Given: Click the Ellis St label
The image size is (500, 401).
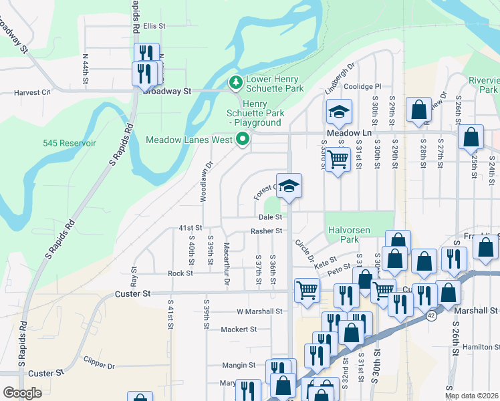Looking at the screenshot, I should (x=154, y=26).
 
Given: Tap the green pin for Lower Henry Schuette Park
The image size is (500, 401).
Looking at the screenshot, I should (x=235, y=83).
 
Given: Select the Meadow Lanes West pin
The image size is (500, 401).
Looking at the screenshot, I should (x=243, y=140).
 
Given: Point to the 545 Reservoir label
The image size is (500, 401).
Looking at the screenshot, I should (x=70, y=143).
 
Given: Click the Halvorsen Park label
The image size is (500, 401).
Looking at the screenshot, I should (x=349, y=235).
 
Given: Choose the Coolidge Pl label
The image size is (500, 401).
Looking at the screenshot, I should (x=362, y=86).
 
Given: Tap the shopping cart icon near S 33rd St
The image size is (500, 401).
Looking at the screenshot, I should (x=339, y=160).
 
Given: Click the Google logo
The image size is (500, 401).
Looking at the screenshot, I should (x=22, y=393).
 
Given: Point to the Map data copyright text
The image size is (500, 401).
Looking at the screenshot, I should (x=471, y=396).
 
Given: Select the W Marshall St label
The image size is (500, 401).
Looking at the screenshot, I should (x=259, y=311).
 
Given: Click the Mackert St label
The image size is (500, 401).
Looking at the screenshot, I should (x=238, y=329).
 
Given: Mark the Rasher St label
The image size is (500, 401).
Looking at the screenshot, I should (x=267, y=231).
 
